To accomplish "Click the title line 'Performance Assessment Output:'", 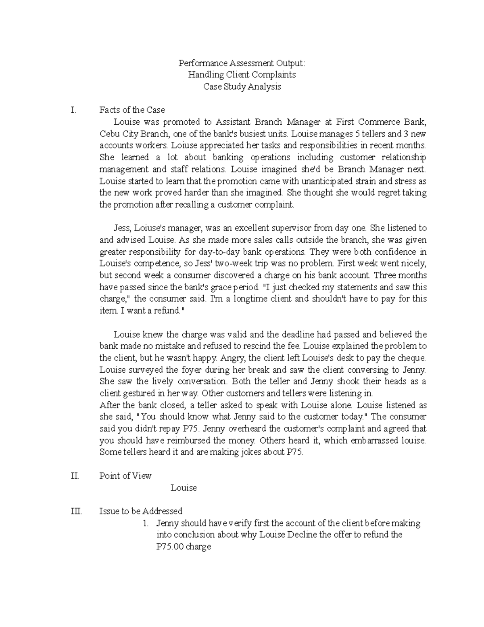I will tap(242, 63).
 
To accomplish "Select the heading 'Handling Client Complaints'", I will tap(242, 75).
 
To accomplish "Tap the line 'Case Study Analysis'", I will tap(242, 86).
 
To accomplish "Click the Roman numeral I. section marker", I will tap(73, 110).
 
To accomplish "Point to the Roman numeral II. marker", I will tap(75, 476).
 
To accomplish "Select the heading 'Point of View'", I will tap(125, 476).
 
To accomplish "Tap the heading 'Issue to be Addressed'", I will tap(141, 512).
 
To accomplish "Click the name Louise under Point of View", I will tap(184, 488).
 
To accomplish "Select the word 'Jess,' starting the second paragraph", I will tap(122, 228).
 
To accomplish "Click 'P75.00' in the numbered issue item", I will tap(170, 547).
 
